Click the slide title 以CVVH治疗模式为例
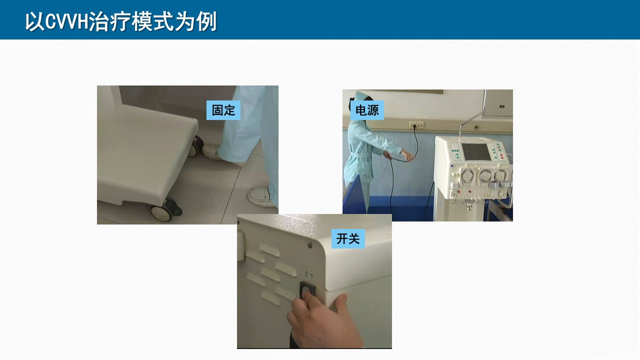click(121, 21)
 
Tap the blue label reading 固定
click(223, 110)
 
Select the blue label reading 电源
click(367, 110)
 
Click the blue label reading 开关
click(348, 238)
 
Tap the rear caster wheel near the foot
click(196, 146)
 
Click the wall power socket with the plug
click(416, 124)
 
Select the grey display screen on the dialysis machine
click(475, 151)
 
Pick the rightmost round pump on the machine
click(501, 175)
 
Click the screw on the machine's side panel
click(309, 245)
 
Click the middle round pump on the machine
click(485, 175)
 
